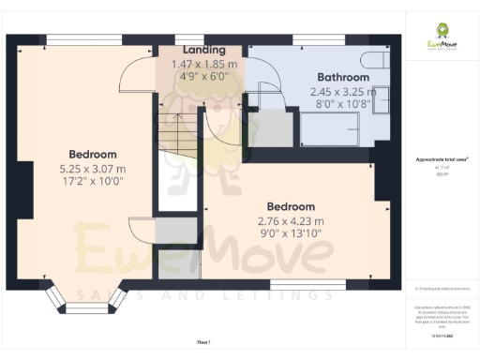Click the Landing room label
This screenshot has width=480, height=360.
click(x=204, y=50)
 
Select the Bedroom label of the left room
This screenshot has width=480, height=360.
click(x=92, y=154)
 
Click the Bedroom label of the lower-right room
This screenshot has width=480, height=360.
click(x=290, y=206)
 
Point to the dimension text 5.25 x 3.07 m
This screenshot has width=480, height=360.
click(x=92, y=170)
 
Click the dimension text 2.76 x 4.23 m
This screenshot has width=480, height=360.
click(x=290, y=222)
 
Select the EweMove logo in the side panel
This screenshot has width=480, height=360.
click(x=442, y=43)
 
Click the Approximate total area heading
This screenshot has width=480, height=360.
click(x=441, y=160)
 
